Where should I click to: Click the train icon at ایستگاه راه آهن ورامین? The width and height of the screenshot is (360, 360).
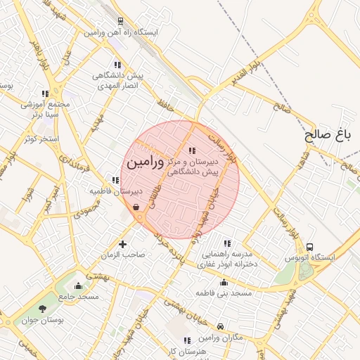tap(121, 22)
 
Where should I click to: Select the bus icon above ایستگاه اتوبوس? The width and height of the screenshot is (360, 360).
tap(310, 247)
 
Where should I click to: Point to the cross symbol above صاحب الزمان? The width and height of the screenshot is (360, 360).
tap(124, 244)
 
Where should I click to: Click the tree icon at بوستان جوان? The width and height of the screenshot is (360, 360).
tap(44, 308)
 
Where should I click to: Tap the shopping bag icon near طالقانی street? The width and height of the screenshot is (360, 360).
tap(135, 207)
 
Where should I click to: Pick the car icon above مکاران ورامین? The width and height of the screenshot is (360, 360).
tap(221, 326)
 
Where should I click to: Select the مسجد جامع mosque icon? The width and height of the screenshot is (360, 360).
tap(77, 285)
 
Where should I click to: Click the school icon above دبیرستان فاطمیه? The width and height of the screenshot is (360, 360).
tap(115, 180)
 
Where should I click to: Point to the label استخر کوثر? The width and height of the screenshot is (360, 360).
tap(41, 139)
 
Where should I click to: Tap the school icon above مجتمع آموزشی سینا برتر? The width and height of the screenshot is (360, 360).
tap(46, 93)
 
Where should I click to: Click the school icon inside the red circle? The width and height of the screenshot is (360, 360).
tap(192, 150)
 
